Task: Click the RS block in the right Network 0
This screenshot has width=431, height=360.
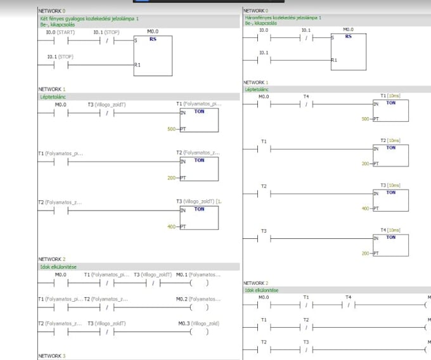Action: coord(349,52)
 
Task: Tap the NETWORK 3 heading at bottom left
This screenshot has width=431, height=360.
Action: coord(51,356)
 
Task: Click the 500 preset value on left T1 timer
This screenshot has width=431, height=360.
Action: coord(172,129)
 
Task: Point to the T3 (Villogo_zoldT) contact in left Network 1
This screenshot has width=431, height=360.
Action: coord(106,105)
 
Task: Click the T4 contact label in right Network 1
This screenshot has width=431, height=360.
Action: coord(306,96)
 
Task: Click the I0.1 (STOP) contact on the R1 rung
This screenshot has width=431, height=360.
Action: coord(60,56)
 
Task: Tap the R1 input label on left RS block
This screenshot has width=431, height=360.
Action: coord(137,65)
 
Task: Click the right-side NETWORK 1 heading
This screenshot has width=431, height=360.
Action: coord(256,82)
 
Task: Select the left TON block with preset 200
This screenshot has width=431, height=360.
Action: coord(199,168)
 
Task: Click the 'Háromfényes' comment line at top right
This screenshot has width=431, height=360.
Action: coord(282,18)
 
